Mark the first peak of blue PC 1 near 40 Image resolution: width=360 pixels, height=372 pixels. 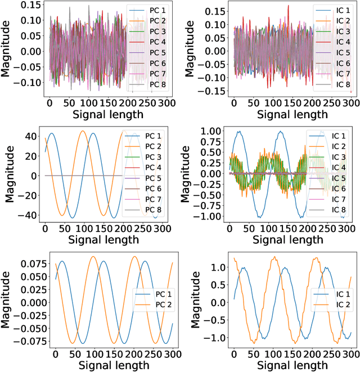[x=52, y=133]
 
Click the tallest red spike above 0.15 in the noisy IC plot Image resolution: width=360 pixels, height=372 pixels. [x=287, y=6]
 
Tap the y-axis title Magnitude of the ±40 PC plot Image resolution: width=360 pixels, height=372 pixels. [x=10, y=175]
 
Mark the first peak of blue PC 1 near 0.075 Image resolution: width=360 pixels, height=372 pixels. [x=62, y=261]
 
